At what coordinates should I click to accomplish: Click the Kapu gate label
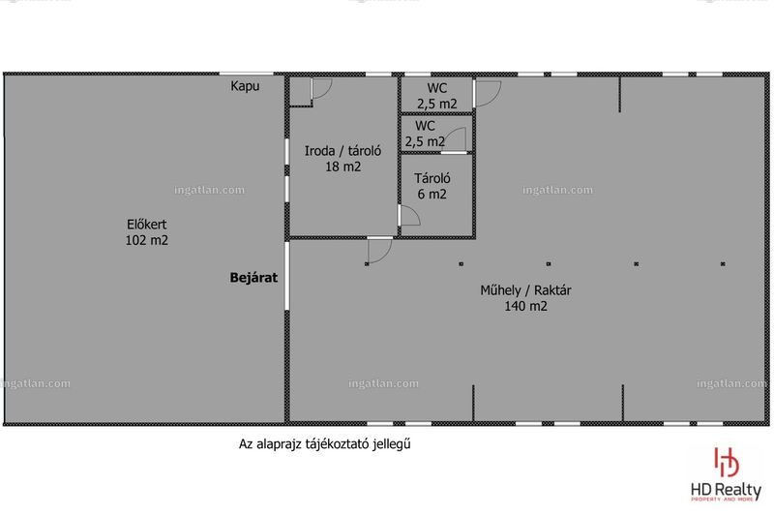pos(245,86)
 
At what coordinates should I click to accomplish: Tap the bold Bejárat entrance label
pos(253,278)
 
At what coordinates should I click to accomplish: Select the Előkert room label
pos(147,225)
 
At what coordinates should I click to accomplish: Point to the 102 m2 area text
pos(147,240)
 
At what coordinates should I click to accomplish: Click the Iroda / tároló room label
pos(342,151)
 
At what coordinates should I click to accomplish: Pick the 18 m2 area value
pos(342,167)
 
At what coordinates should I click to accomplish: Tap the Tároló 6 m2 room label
pos(432,186)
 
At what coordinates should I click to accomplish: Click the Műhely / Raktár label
pos(525,290)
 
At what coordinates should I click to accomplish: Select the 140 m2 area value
pos(525,306)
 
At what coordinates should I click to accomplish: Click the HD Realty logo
pos(726,475)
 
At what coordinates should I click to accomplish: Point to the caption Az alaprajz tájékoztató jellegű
pos(325,444)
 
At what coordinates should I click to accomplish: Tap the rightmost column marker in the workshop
pos(723,264)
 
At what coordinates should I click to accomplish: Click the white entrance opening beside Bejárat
pos(286,276)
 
